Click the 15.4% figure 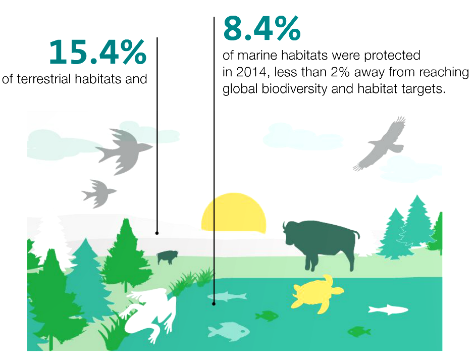97,52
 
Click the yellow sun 234,212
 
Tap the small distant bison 167,257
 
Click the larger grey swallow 125,150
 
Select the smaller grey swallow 99,193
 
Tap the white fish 388,310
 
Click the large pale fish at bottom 229,331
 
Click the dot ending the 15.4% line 157,233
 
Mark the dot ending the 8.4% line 214,303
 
